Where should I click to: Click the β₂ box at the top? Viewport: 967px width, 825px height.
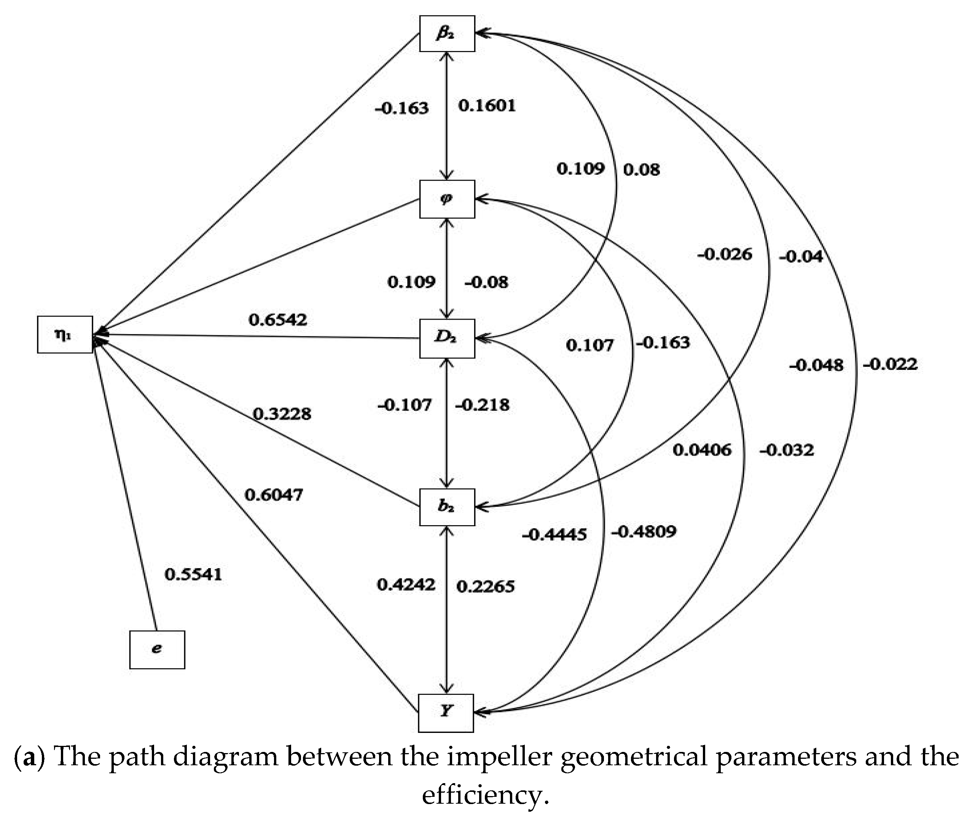point(447,33)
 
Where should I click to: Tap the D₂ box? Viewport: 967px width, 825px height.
point(447,338)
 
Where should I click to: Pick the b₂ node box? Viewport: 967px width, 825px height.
point(447,507)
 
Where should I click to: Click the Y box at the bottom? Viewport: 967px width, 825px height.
point(446,712)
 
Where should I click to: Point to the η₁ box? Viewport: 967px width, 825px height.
point(65,334)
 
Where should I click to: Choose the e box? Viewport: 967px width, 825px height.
point(157,650)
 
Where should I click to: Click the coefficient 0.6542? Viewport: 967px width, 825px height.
point(278,320)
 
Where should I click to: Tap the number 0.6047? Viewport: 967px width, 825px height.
point(274,495)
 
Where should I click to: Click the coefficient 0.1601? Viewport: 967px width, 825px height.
point(487,105)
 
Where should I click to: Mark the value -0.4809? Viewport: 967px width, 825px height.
point(644,531)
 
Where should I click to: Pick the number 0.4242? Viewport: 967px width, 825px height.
point(406,585)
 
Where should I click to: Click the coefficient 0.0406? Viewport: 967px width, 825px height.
point(702,450)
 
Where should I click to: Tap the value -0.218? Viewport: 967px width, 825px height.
point(482,405)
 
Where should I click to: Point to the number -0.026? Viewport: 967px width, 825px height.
point(725,254)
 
